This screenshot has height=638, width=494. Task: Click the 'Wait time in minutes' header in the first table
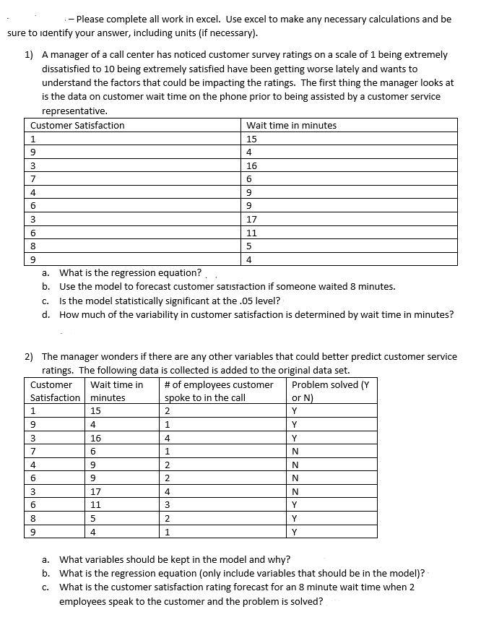(291, 125)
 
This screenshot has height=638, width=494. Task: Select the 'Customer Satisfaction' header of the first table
(77, 125)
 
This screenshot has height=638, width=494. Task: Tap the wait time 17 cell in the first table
(251, 219)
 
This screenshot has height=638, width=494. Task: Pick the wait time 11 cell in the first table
(251, 233)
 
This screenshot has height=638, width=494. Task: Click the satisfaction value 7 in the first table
(33, 178)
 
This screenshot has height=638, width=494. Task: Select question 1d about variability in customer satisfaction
(256, 314)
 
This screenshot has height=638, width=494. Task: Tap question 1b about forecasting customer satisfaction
(227, 287)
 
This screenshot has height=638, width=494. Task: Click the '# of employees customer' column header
(219, 384)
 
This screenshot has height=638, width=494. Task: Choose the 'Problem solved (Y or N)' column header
(329, 391)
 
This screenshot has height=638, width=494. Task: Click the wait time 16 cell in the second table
(96, 438)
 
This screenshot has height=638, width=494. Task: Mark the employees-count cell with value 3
(168, 505)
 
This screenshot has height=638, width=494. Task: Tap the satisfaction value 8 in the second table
(33, 519)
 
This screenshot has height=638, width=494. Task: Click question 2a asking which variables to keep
(175, 559)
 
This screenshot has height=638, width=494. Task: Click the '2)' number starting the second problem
(30, 356)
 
